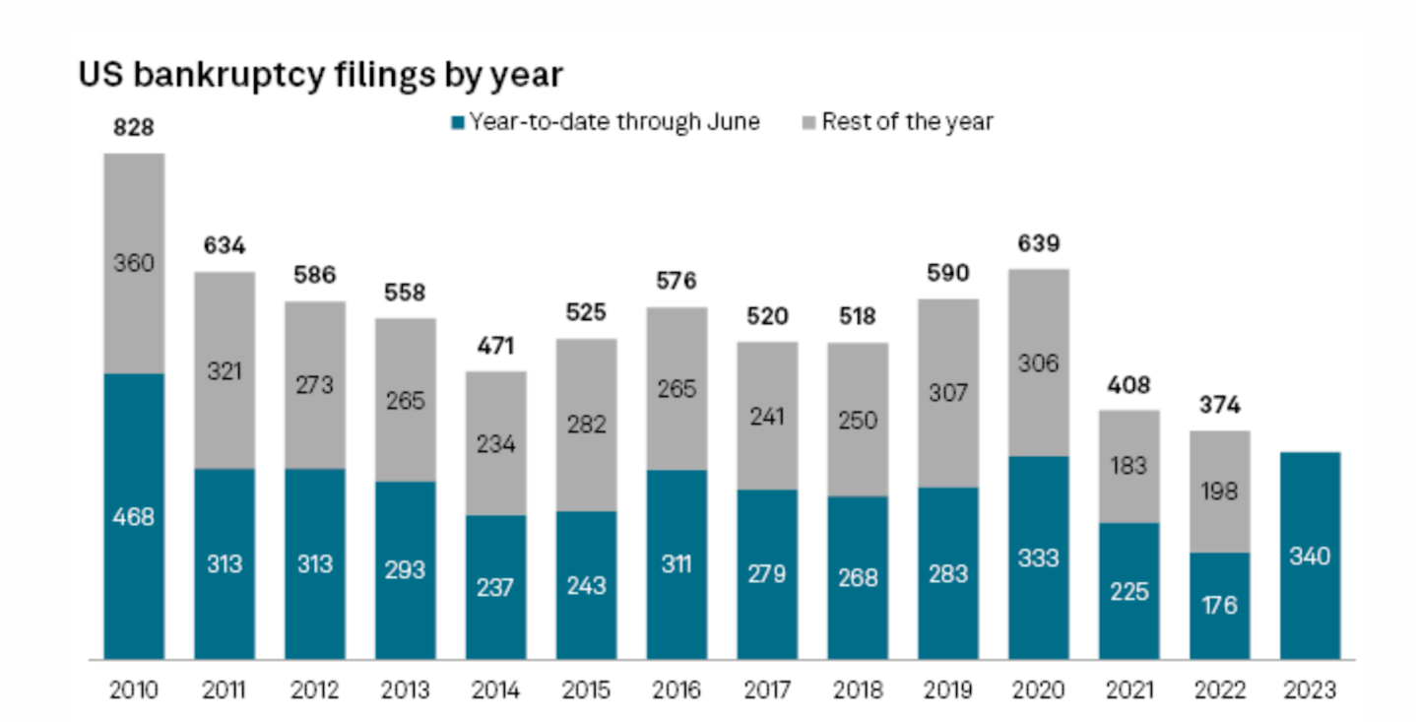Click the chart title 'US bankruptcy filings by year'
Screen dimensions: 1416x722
click(x=320, y=75)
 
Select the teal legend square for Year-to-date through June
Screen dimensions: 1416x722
click(x=458, y=122)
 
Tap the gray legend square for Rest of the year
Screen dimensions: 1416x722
click(x=809, y=122)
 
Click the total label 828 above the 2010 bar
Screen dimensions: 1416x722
click(x=133, y=127)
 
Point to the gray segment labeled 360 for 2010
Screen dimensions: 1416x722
click(x=135, y=263)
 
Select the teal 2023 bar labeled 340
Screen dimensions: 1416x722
click(x=1311, y=556)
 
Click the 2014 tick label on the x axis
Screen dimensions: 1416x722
click(x=495, y=689)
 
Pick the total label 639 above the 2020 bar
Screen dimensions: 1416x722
click(x=1039, y=243)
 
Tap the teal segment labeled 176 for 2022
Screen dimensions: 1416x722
click(x=1220, y=606)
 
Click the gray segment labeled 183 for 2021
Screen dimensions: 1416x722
click(x=1129, y=467)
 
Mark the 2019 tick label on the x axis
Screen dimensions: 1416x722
click(x=948, y=689)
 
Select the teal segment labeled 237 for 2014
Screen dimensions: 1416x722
click(x=496, y=587)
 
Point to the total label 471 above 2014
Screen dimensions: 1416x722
click(x=495, y=346)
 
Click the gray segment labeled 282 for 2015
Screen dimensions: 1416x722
click(x=587, y=425)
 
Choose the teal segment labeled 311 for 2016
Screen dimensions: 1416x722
click(x=677, y=564)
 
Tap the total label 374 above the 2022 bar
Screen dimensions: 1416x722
click(x=1220, y=405)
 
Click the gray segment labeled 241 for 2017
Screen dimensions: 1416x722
click(x=767, y=416)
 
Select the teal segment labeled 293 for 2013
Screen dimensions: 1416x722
click(x=406, y=570)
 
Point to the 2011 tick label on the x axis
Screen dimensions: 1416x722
click(x=224, y=689)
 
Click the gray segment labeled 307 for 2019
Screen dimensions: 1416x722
click(x=949, y=393)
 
